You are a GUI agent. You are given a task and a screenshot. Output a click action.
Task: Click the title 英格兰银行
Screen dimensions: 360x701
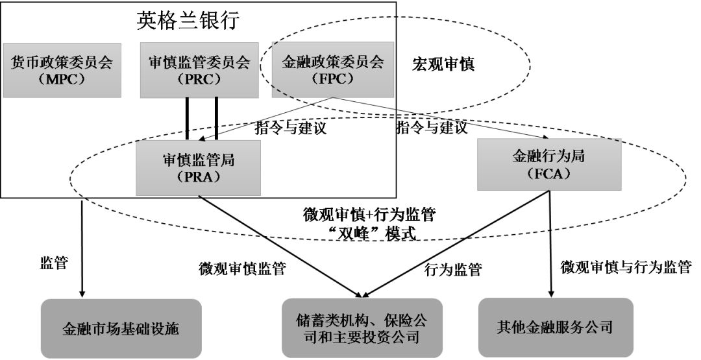pos(188,21)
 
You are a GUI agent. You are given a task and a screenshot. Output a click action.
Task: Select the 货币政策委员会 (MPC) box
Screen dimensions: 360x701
pos(62,70)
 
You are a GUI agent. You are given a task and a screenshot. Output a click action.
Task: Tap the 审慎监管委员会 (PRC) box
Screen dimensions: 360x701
pos(199,70)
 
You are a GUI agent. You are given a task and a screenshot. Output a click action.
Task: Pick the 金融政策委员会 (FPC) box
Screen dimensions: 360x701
pos(333,70)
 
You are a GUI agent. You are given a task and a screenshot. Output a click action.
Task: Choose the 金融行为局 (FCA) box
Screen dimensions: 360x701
pos(550,164)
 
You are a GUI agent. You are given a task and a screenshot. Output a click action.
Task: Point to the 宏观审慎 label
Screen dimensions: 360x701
pos(444,65)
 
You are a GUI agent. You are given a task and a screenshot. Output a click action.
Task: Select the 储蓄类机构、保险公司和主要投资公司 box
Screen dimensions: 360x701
pos(362,328)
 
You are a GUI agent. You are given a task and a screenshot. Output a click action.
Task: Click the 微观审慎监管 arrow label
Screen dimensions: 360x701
pos(242,269)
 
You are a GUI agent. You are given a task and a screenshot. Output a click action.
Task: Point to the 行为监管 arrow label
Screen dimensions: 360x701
pos(454,269)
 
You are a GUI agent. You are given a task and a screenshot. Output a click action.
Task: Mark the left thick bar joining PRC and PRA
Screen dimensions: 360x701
pos(188,118)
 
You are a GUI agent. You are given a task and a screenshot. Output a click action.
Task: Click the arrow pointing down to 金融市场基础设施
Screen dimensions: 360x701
pos(82,246)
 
